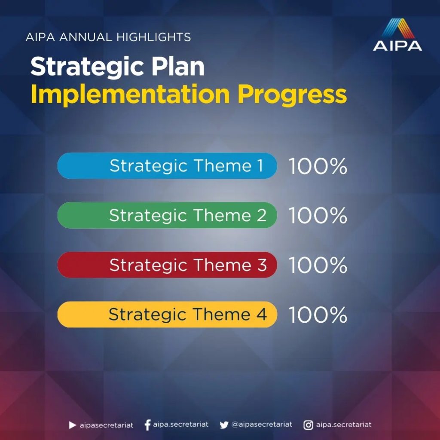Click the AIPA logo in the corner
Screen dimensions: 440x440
click(x=397, y=34)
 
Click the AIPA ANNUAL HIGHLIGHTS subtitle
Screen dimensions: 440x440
click(x=108, y=37)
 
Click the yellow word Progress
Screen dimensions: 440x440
click(x=292, y=95)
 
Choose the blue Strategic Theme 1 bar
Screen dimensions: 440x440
click(x=167, y=165)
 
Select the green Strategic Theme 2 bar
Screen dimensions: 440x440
click(x=167, y=215)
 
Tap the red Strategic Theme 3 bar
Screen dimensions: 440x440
click(x=167, y=265)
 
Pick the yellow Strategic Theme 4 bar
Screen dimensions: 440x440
click(x=167, y=314)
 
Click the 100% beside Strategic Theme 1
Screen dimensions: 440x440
click(x=318, y=166)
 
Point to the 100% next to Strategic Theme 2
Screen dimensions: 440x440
click(x=318, y=216)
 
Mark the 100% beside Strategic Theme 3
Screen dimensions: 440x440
click(x=318, y=265)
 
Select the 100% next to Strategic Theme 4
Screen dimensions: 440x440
click(x=318, y=315)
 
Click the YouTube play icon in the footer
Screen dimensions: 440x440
click(x=72, y=425)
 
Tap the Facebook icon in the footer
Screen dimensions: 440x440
click(x=147, y=425)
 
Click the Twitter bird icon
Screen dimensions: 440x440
click(x=224, y=425)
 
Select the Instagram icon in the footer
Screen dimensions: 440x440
click(x=308, y=425)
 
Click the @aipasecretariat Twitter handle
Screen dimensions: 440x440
click(x=262, y=425)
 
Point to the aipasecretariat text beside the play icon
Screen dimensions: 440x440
click(x=107, y=425)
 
